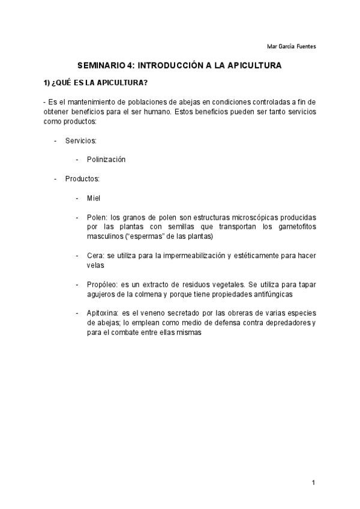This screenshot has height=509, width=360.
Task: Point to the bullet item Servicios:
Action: click(81, 140)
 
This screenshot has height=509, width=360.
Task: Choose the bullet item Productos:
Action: click(82, 178)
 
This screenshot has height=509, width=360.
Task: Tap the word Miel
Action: click(94, 197)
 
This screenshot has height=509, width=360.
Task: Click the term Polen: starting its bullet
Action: click(97, 217)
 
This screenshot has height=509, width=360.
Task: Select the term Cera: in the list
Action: click(96, 255)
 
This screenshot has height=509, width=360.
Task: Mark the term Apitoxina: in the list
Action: click(103, 313)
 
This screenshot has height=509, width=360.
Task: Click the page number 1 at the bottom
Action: click(313, 483)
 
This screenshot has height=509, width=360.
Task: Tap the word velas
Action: click(95, 265)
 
